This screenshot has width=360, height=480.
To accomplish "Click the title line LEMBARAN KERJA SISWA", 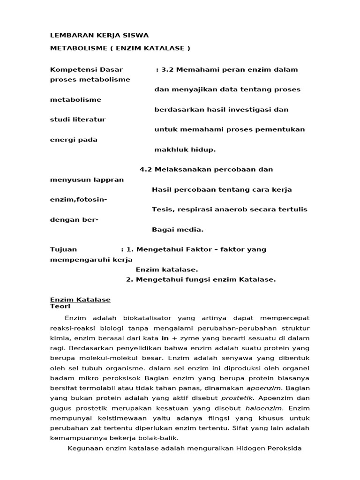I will (99, 35).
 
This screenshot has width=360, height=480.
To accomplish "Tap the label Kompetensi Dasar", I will (79, 69).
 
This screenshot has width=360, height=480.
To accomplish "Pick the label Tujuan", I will (63, 249).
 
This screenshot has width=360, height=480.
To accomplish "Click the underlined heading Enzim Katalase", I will (80, 300).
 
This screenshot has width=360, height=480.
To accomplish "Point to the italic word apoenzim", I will (263, 388).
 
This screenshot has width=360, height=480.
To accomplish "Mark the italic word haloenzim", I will (265, 408).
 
